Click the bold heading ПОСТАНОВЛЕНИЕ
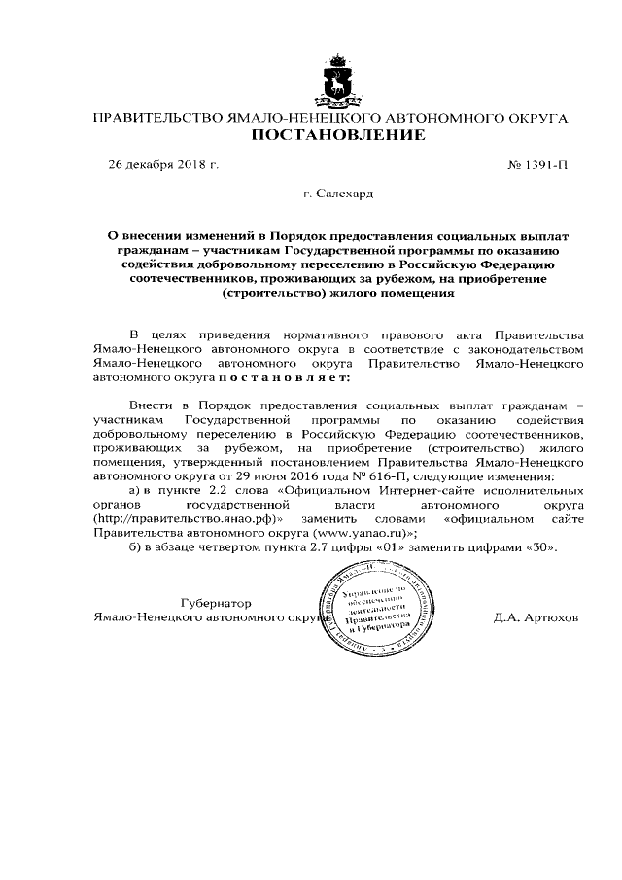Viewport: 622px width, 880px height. [x=337, y=135]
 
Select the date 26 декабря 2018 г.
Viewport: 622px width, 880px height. [x=162, y=164]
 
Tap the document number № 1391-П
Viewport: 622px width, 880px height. [x=538, y=164]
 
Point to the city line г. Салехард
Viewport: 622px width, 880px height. [x=337, y=194]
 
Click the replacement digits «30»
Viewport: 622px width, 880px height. [x=542, y=547]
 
